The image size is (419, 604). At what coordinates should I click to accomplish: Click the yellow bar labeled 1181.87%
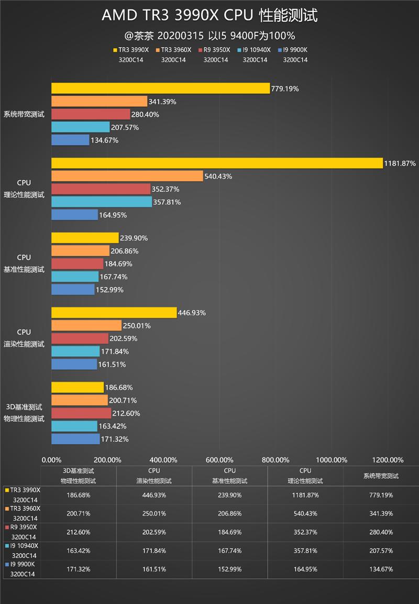(217, 163)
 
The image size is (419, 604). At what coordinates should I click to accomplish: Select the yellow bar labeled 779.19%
(160, 89)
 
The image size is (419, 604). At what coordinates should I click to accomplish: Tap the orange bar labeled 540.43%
(127, 176)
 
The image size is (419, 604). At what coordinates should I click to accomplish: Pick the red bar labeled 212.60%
(81, 413)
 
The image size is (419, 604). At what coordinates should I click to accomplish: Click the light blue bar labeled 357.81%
(102, 202)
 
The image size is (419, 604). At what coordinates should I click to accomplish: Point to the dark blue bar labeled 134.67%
(70, 140)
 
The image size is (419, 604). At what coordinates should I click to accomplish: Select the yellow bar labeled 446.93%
(114, 313)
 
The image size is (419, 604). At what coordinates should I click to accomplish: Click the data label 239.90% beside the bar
(134, 238)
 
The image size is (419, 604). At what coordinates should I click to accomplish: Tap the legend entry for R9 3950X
(215, 50)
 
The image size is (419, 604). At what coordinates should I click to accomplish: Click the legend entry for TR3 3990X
(131, 50)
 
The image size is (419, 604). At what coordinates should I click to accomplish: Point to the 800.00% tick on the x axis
(275, 460)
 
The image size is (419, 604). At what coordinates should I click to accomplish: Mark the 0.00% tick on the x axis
(51, 460)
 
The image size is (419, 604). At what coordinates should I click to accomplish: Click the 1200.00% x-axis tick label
(388, 460)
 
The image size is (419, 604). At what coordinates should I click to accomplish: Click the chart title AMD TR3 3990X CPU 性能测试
(210, 16)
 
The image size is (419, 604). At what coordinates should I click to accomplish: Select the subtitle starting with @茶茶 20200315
(210, 36)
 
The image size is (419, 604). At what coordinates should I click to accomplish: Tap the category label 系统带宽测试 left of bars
(24, 114)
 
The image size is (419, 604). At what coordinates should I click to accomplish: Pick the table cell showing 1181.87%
(305, 495)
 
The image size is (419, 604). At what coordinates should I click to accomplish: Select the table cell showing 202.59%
(155, 532)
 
